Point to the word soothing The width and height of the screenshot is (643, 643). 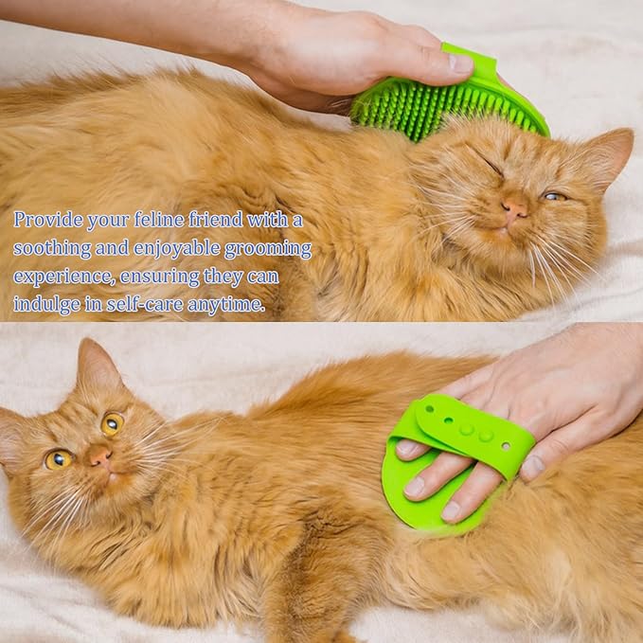pyautogui.click(x=49, y=248)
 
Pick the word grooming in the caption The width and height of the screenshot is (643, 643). pyautogui.click(x=268, y=250)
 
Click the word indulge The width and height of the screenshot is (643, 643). pyautogui.click(x=44, y=306)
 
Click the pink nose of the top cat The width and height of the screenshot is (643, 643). pyautogui.click(x=515, y=208)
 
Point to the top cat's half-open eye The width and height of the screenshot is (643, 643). pyautogui.click(x=552, y=195)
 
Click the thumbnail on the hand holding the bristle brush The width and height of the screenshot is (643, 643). pyautogui.click(x=461, y=64)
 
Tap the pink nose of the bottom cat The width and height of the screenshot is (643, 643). pyautogui.click(x=99, y=456)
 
